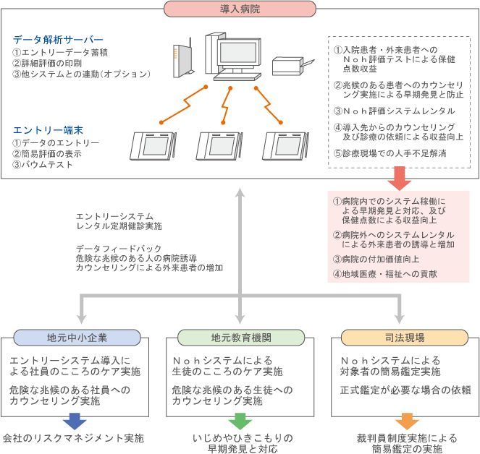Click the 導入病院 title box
[240, 9]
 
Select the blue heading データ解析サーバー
[58, 39]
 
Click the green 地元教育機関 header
[240, 338]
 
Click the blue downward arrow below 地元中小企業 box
[75, 421]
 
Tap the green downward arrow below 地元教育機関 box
[239, 421]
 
